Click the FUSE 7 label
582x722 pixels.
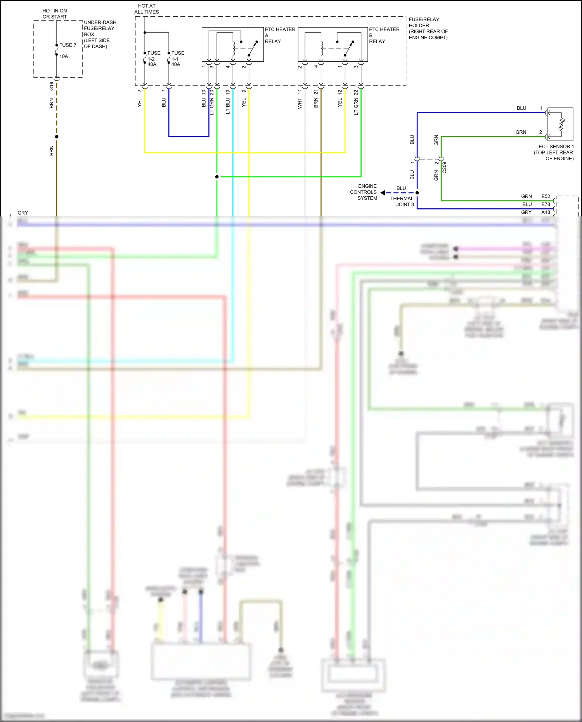coord(68,45)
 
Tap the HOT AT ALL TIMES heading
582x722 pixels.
coord(147,9)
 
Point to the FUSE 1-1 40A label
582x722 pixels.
coord(177,59)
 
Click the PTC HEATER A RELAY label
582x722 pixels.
coord(280,35)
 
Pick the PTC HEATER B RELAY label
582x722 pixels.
coord(384,35)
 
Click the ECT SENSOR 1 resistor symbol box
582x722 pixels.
coord(560,124)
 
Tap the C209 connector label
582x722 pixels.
coord(445,168)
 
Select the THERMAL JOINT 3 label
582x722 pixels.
coord(403,201)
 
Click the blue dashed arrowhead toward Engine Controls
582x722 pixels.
coord(383,193)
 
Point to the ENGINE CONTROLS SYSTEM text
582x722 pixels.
coord(364,192)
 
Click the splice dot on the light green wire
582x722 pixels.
coord(217,177)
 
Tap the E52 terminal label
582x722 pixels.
coord(546,196)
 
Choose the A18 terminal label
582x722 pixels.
coord(546,212)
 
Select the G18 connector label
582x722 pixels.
coord(51,86)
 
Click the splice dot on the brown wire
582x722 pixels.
coord(57,137)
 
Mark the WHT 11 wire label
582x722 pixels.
coord(300,99)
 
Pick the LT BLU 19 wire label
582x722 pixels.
coord(228,102)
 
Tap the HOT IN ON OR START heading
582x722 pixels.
coord(55,14)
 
